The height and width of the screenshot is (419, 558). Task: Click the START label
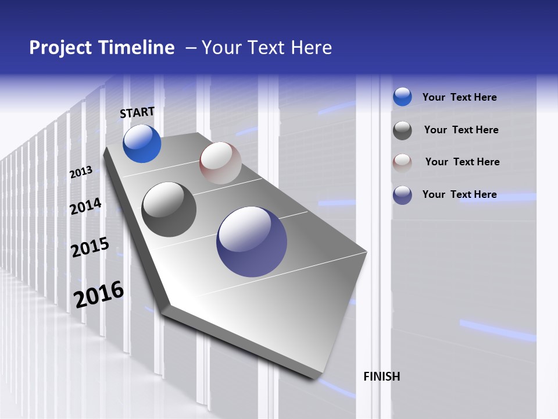[x=137, y=112]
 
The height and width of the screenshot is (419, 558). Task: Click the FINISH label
[x=381, y=377]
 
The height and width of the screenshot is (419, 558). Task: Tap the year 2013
[x=81, y=172]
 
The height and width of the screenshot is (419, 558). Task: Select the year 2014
[x=85, y=207]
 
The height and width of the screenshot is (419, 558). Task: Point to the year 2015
[x=90, y=247]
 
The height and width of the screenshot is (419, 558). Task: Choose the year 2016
[x=98, y=294]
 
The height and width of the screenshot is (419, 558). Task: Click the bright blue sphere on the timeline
[x=142, y=144]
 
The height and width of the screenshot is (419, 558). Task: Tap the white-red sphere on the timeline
[x=220, y=163]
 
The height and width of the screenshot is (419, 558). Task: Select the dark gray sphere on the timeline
[x=169, y=210]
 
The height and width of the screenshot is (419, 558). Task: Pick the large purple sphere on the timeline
[x=252, y=242]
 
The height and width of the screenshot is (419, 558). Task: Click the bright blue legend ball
[x=402, y=97]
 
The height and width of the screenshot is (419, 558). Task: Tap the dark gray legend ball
[x=402, y=130]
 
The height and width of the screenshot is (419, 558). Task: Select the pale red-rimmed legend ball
[x=402, y=162]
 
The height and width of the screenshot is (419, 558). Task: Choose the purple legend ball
[x=402, y=195]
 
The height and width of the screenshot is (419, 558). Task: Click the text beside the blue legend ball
[x=459, y=97]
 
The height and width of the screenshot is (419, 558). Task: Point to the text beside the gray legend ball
[x=461, y=130]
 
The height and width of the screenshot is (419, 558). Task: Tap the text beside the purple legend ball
[x=459, y=194]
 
